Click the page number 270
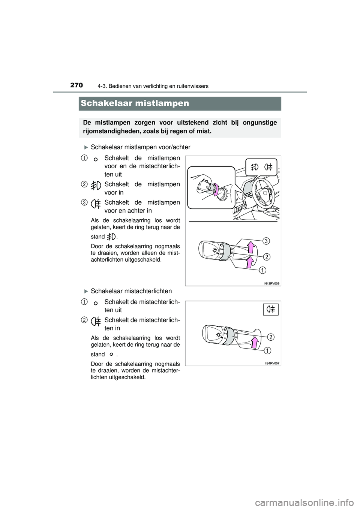(76, 85)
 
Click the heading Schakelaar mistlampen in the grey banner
(135, 103)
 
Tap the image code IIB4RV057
(272, 364)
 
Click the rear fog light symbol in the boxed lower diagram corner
(271, 309)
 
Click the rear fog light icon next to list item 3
(96, 204)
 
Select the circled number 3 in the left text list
(84, 202)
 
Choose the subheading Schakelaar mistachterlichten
(131, 291)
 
